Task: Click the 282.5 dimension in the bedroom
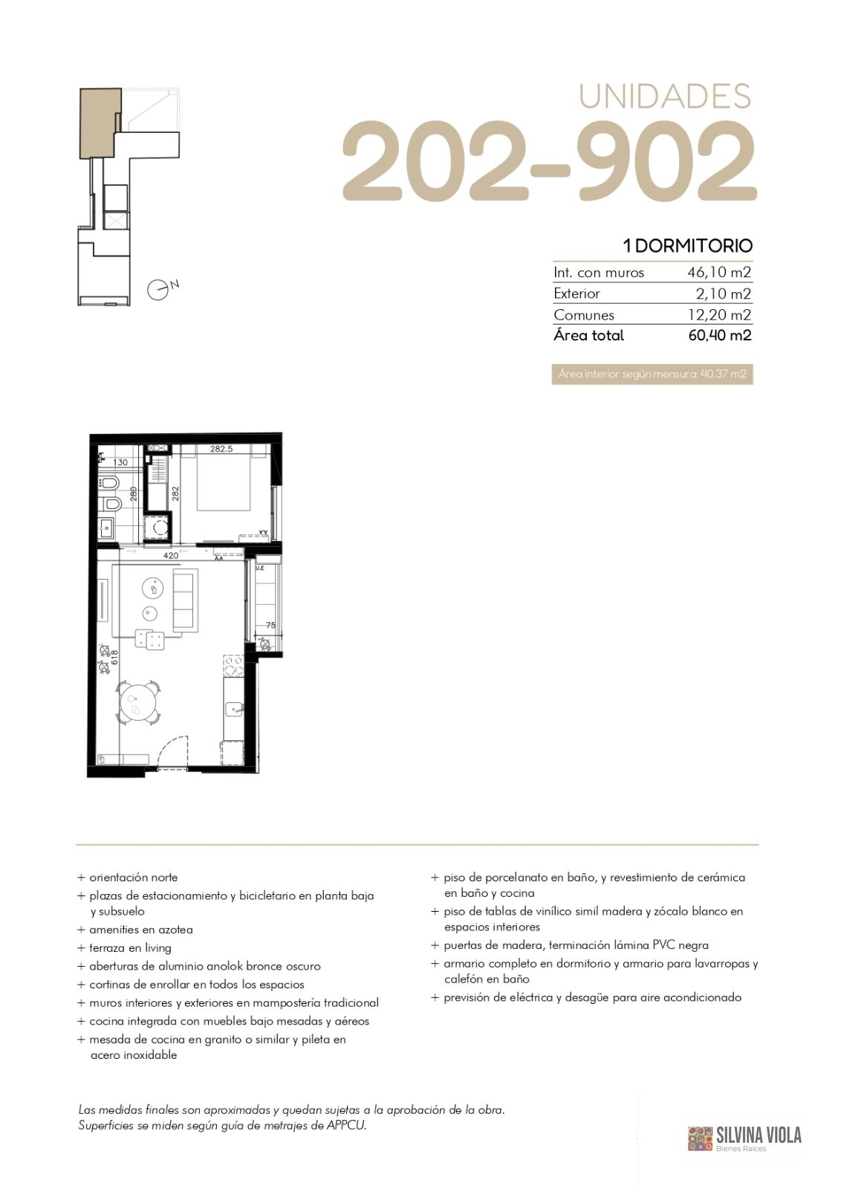221,449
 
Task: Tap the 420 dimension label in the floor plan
171,556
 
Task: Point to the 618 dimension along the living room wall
114,658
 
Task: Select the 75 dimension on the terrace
270,625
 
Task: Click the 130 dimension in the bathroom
120,462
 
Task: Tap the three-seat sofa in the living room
186,600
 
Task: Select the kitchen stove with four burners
233,665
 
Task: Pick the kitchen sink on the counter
233,709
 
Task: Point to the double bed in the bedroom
224,478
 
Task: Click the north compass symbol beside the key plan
158,290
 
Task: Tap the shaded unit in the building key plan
100,123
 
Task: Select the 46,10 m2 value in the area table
719,272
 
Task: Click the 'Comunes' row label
584,315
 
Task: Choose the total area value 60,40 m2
719,335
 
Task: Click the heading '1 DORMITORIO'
688,246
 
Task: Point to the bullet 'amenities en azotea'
140,930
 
